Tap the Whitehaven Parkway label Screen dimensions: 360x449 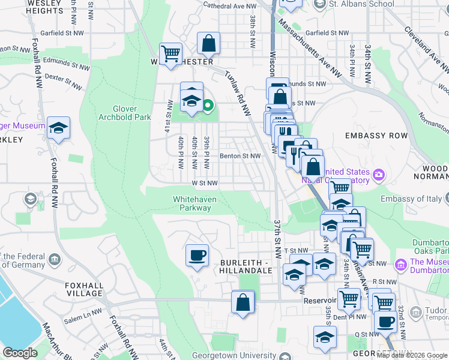[192, 203]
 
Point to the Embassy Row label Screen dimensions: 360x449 [376, 136]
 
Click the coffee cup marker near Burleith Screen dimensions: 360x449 [197, 256]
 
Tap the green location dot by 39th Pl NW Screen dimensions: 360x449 [208, 107]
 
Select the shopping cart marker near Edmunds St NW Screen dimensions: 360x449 [171, 53]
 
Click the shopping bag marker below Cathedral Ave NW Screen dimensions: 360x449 [208, 43]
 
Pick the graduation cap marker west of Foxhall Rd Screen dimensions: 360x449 [58, 128]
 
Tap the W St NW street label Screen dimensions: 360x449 [204, 183]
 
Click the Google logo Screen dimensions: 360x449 [20, 353]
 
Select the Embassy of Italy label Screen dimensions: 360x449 [411, 199]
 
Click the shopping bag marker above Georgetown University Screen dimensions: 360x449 [243, 302]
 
